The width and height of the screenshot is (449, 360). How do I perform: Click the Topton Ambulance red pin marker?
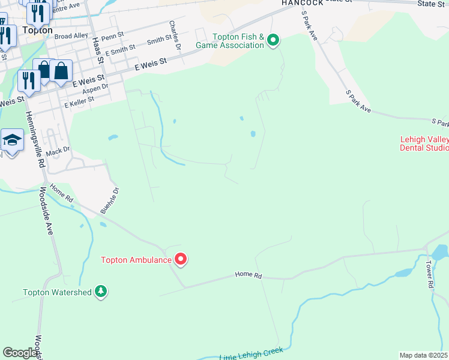(x=181, y=259)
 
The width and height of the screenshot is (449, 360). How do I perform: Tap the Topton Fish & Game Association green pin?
(x=273, y=41)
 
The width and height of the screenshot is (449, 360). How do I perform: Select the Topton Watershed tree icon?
(x=101, y=292)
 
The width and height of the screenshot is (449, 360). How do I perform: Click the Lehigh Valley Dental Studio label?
(x=424, y=143)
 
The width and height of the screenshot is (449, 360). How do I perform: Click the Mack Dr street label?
(x=58, y=151)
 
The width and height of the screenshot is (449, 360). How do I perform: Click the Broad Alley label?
(x=71, y=36)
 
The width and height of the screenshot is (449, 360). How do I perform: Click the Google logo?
(x=20, y=353)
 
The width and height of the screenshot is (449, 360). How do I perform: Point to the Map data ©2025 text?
(x=424, y=355)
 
